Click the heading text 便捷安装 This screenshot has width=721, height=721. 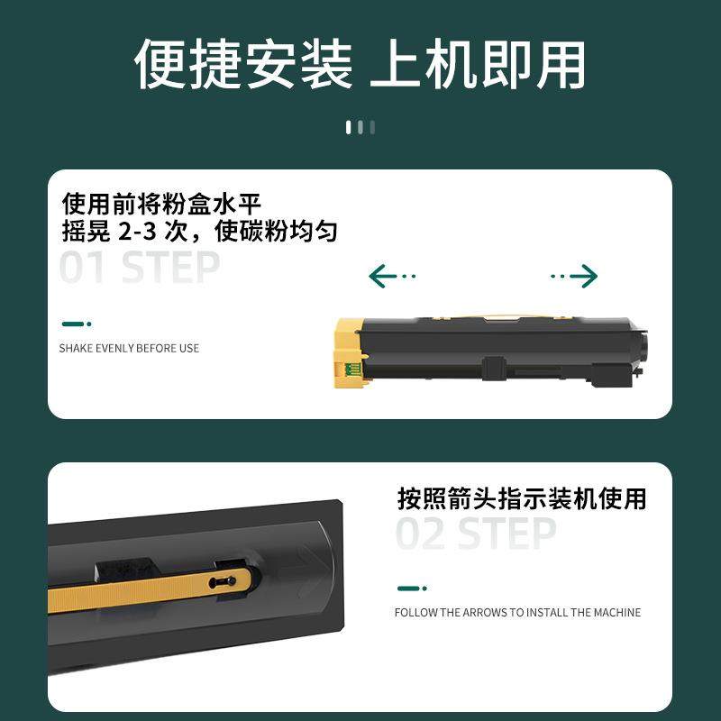(243, 65)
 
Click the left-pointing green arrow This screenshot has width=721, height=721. (392, 276)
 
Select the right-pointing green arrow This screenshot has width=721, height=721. (574, 276)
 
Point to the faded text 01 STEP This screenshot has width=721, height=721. (140, 268)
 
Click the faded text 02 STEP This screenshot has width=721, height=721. (476, 534)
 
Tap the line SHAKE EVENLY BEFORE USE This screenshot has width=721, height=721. (129, 348)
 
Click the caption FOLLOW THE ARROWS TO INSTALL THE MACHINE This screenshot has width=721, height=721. (517, 613)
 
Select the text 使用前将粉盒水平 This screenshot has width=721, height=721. (162, 202)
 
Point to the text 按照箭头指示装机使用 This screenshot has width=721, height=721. (522, 498)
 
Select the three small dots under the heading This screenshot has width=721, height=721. (360, 127)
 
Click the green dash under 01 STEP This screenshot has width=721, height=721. (76, 324)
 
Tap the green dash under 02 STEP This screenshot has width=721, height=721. (412, 589)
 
